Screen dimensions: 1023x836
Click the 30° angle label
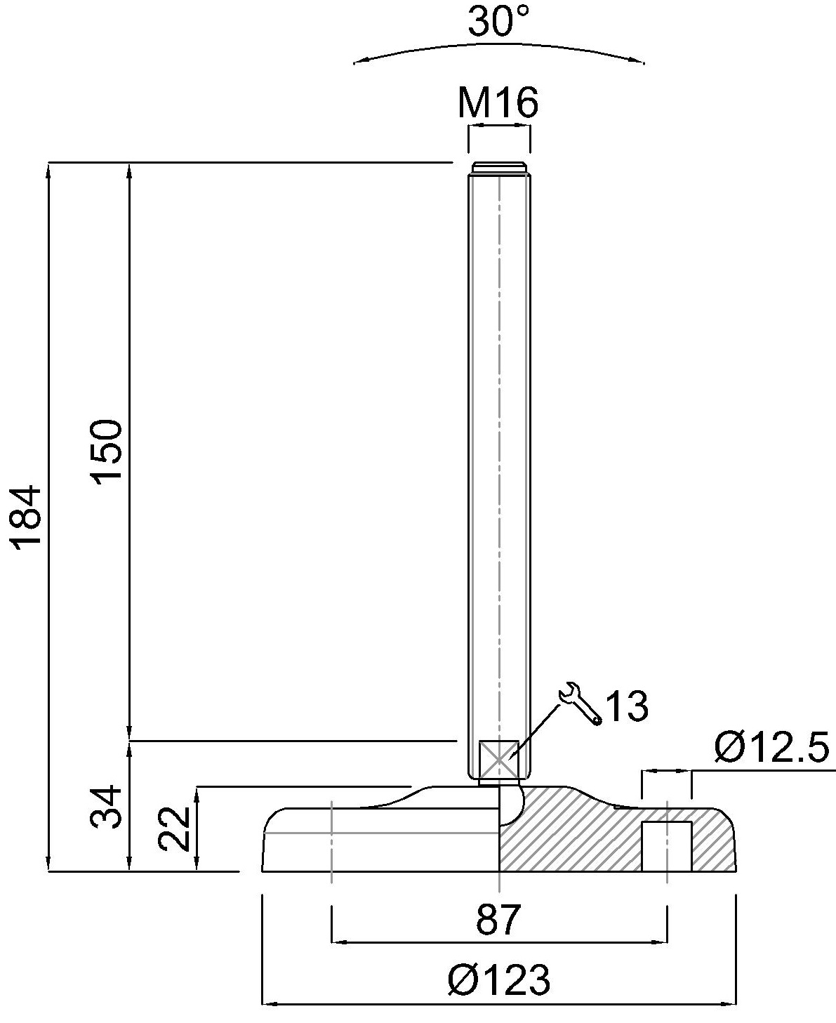498,22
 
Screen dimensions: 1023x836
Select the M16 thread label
498,103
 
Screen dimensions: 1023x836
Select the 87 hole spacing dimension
499,920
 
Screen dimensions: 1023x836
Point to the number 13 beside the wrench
626,706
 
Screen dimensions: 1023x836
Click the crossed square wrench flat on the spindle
498,760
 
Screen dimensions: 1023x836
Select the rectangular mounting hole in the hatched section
667,846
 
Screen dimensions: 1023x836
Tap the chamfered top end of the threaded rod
498,167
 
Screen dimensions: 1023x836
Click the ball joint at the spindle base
511,805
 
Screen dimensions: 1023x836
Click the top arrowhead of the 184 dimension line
49,169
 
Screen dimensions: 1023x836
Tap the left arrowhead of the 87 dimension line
336,941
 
